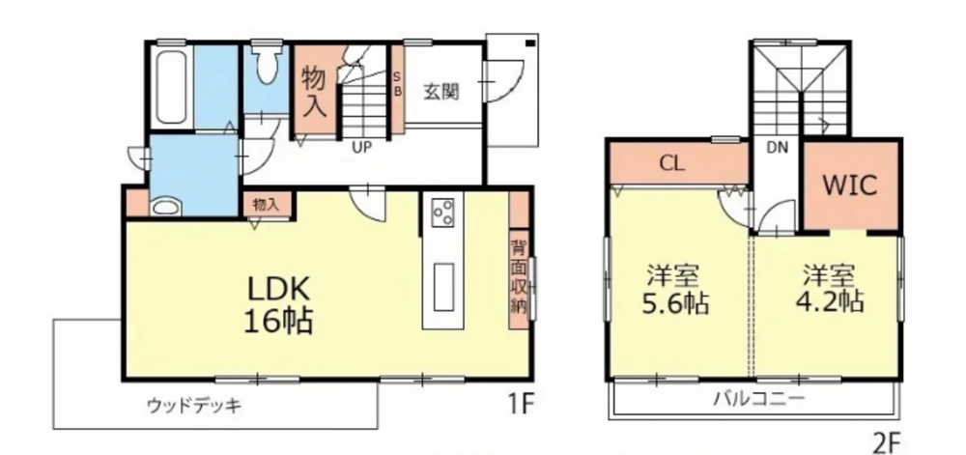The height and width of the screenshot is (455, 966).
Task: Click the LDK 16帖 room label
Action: [x=279, y=304]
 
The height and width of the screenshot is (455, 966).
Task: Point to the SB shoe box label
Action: [x=397, y=82]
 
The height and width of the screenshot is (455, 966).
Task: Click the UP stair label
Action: [x=361, y=147]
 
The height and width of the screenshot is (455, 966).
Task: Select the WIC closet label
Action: [x=851, y=185]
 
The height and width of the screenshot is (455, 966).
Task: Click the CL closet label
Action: [x=672, y=164]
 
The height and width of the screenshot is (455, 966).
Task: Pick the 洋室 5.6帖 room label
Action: [x=675, y=289]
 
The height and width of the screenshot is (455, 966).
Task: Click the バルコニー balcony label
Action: [x=759, y=398]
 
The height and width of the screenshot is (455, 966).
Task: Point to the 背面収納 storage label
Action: [x=519, y=276]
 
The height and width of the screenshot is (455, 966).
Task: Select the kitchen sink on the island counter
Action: [x=443, y=286]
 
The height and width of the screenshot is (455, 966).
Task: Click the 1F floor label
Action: [x=520, y=403]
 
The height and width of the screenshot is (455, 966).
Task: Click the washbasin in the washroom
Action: [x=165, y=207]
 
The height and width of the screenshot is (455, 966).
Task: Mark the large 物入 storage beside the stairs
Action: [x=314, y=91]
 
